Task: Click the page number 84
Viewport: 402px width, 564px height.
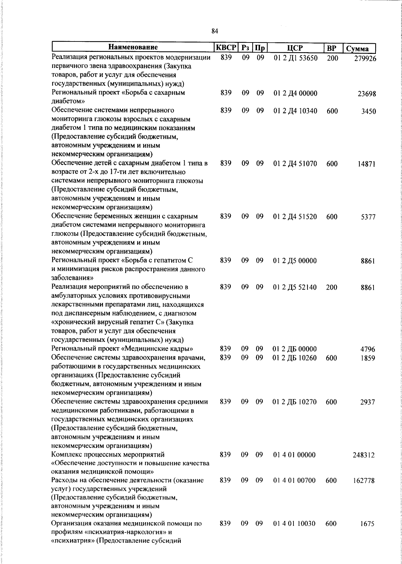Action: [215, 31]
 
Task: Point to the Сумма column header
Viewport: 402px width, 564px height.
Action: [357, 49]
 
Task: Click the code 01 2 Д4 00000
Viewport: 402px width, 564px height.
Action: [295, 93]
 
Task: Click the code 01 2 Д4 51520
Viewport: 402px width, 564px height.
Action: [295, 217]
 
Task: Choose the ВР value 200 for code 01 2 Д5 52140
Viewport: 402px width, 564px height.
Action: [332, 287]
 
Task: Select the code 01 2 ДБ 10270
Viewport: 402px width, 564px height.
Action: [295, 402]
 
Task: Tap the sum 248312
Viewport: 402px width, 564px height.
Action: [363, 455]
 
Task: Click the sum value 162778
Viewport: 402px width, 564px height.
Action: [363, 481]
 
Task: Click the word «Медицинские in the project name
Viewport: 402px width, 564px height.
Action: [142, 349]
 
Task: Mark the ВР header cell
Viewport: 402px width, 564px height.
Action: [331, 48]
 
